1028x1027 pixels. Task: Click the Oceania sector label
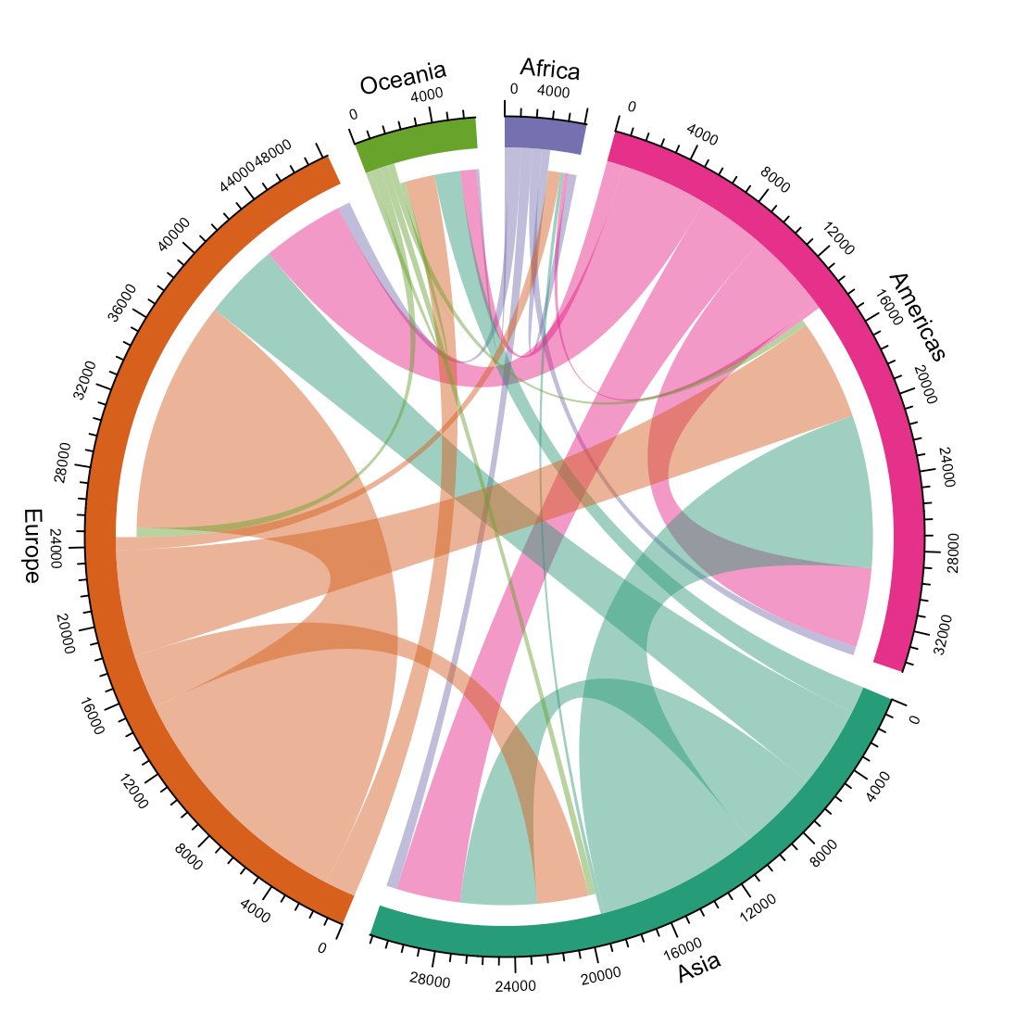(403, 78)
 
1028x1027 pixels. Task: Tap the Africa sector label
(549, 69)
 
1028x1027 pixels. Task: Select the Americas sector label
(917, 316)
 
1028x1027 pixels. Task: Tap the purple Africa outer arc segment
(544, 135)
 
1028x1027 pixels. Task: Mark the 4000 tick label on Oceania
(426, 95)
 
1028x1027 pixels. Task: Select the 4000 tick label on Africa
(553, 92)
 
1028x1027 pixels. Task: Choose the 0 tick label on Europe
(321, 948)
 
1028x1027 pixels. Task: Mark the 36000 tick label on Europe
(121, 302)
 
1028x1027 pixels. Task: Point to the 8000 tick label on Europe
(188, 861)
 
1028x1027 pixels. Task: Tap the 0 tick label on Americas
(632, 107)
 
